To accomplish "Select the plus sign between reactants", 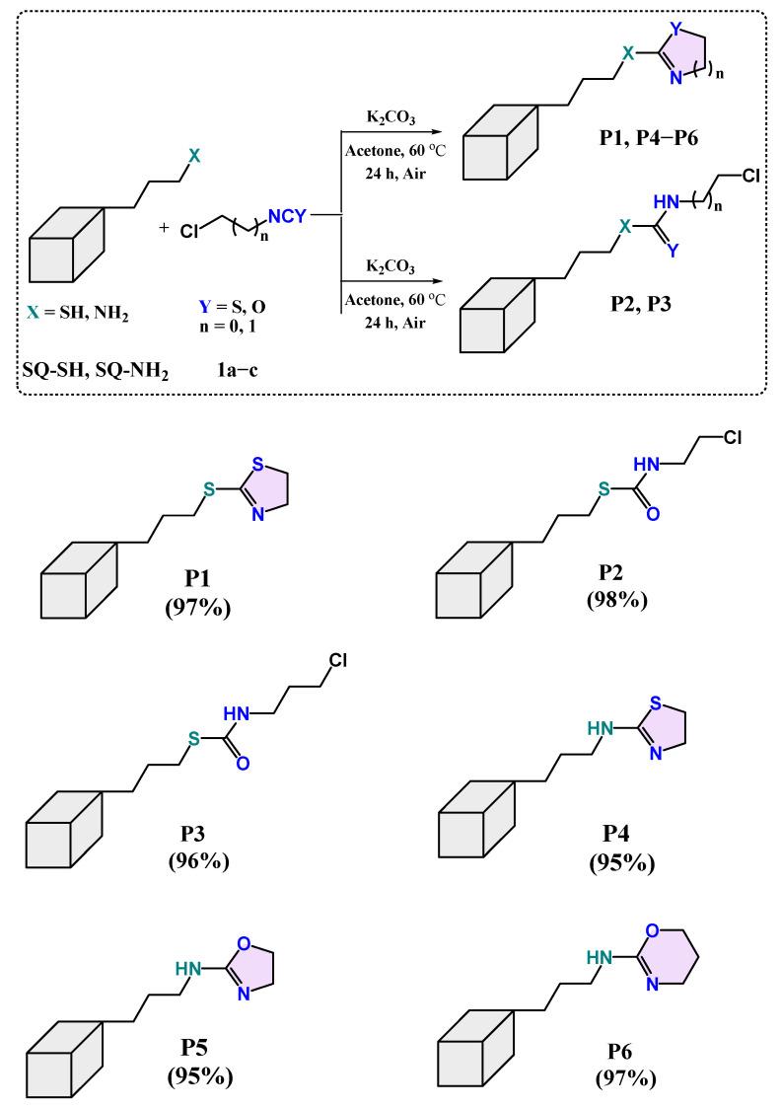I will coord(164,227).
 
